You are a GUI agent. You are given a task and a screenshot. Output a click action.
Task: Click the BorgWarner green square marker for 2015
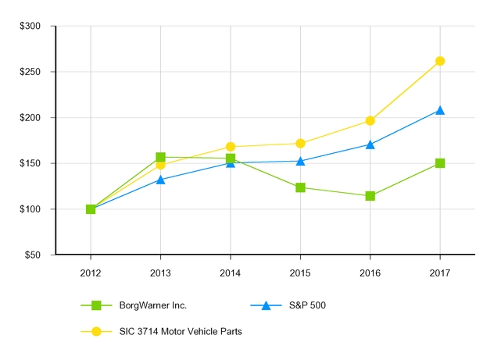pos(300,187)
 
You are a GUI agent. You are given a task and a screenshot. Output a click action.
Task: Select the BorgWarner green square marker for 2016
pos(370,196)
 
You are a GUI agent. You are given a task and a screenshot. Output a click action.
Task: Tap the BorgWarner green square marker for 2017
pos(440,163)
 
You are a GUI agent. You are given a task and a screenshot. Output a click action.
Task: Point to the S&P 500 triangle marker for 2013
pos(160,180)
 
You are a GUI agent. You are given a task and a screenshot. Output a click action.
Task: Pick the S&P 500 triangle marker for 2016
pos(370,144)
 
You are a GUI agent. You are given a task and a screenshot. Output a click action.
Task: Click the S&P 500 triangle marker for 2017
pos(440,111)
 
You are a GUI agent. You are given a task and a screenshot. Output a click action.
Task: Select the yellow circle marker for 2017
pos(440,61)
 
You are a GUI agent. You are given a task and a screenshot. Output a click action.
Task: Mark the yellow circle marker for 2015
pos(300,143)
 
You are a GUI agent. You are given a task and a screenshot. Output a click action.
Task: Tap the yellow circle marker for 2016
pos(370,120)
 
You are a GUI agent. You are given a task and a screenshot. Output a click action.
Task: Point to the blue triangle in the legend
pos(265,305)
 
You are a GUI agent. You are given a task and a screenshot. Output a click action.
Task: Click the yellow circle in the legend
pos(96,331)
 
